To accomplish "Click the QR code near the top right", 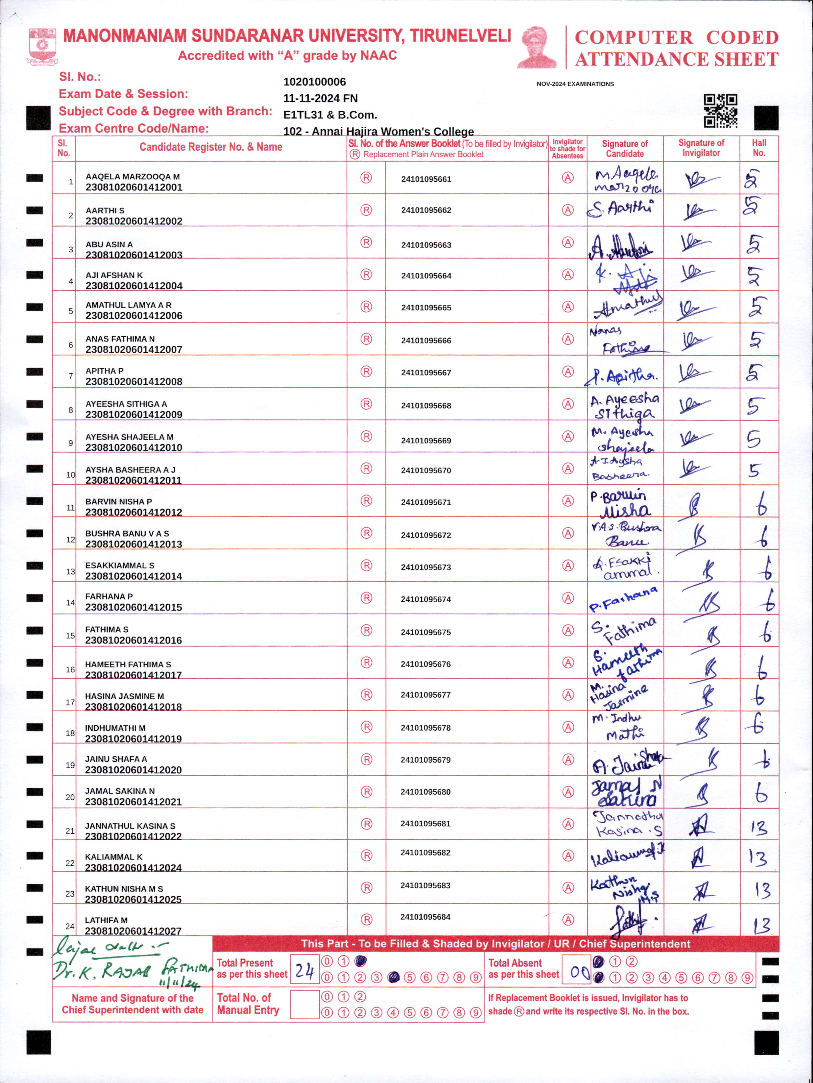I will [x=721, y=111].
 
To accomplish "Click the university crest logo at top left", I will [x=42, y=46].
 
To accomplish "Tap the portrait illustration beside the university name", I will [x=537, y=47].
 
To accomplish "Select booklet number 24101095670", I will [x=426, y=470].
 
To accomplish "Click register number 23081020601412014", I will [x=134, y=576].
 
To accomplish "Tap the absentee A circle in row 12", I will [x=568, y=533].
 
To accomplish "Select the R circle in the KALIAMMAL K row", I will [x=366, y=855].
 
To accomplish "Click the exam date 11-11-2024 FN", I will [x=321, y=98].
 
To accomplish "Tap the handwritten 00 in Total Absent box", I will [x=579, y=970].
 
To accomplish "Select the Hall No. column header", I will [x=759, y=148].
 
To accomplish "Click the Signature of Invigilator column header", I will [x=701, y=148].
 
